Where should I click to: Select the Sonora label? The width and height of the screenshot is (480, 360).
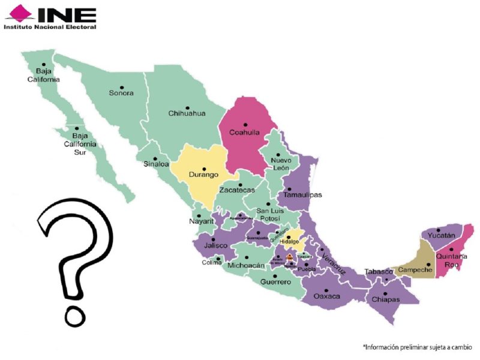pos(121,93)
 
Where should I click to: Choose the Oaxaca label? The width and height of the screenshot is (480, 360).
pos(327,296)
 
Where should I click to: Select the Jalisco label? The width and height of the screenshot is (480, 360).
pos(215,246)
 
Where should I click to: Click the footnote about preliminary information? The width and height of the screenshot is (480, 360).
pos(417,347)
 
